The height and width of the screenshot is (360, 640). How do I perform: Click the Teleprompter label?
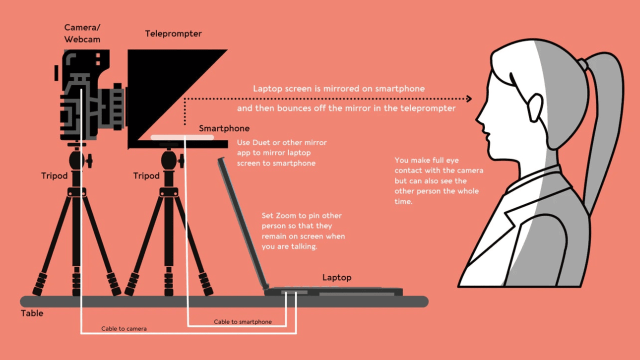click(173, 34)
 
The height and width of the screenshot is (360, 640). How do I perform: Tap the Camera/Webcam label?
click(82, 32)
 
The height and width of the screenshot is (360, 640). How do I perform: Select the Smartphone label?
click(224, 128)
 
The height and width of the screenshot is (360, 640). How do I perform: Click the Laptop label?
click(336, 277)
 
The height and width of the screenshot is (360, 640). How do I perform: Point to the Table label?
click(32, 313)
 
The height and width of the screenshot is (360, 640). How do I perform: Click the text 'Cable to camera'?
click(124, 328)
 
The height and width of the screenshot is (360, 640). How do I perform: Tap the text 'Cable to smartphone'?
click(242, 321)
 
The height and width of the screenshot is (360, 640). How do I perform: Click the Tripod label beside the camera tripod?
click(54, 176)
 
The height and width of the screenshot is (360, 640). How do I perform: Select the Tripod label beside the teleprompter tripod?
click(146, 176)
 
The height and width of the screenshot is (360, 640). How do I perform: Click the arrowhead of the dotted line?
click(468, 99)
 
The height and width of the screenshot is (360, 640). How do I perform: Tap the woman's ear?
click(533, 106)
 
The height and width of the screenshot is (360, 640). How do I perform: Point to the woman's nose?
click(479, 120)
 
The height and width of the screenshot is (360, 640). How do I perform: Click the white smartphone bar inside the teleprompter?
click(182, 137)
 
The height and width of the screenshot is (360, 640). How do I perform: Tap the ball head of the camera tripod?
click(76, 160)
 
